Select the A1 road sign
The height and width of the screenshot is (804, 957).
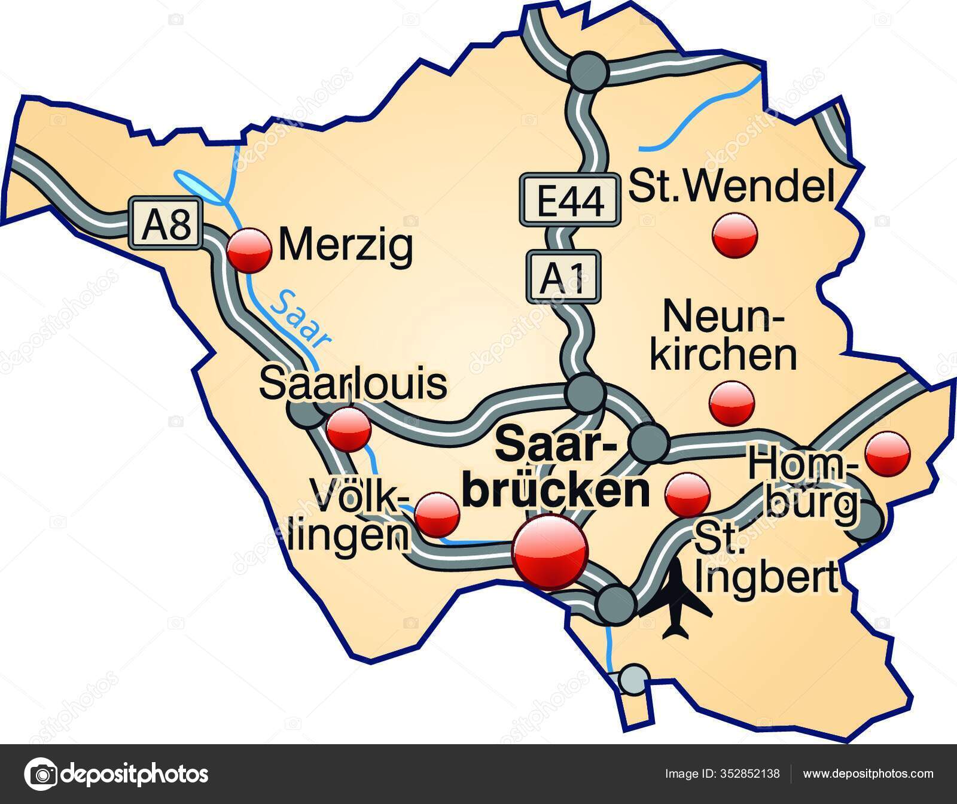coord(563,276)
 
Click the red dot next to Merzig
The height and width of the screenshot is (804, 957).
coord(249,251)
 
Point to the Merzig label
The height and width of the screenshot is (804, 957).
coord(345,246)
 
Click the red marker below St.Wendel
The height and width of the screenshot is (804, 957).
coord(735,236)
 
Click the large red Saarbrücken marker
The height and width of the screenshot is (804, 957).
coord(550,552)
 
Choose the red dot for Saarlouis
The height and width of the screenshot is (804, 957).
coord(349,430)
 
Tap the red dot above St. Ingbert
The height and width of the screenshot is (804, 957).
coord(688,494)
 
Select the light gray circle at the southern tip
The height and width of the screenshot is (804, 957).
coord(633,678)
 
